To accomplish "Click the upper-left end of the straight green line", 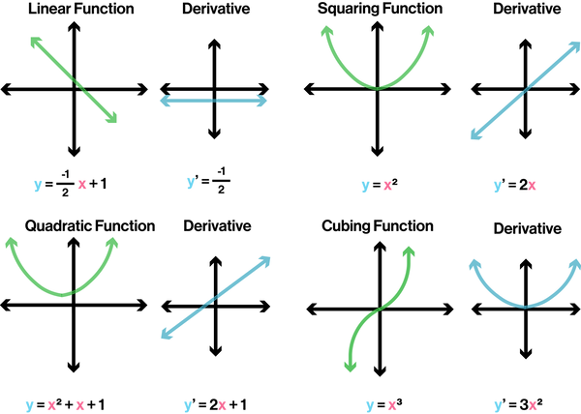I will click(x=35, y=42).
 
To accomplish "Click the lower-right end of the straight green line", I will click(x=112, y=118).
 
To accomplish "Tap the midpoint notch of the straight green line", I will click(x=77, y=83).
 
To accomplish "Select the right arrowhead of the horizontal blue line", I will click(x=263, y=101).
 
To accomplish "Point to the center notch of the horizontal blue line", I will click(x=213, y=101).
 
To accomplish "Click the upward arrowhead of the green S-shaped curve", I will click(x=409, y=251).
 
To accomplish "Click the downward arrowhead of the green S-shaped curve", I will click(x=349, y=366).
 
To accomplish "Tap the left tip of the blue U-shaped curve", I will click(x=474, y=263).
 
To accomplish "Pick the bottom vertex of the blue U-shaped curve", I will click(x=525, y=306).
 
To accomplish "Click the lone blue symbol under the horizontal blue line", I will click(x=190, y=184).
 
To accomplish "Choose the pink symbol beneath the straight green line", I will click(x=81, y=185).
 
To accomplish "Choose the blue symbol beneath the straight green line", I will click(x=38, y=186).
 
